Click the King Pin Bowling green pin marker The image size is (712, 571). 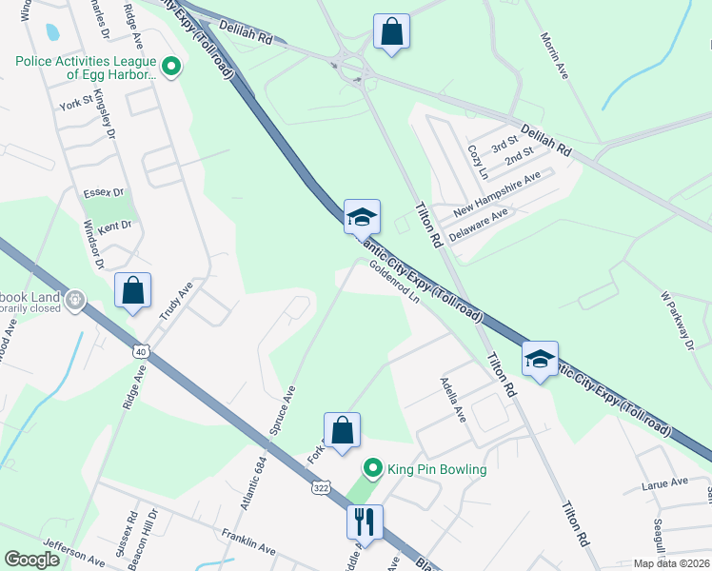click(373, 468)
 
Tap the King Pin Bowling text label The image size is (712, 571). click(438, 469)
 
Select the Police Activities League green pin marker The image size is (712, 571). click(171, 66)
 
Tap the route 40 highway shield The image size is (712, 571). click(141, 352)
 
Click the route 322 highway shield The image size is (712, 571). click(320, 487)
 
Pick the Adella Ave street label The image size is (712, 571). click(452, 400)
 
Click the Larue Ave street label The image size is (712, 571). click(664, 482)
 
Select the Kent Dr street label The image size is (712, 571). click(114, 226)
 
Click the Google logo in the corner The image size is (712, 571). click(32, 560)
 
